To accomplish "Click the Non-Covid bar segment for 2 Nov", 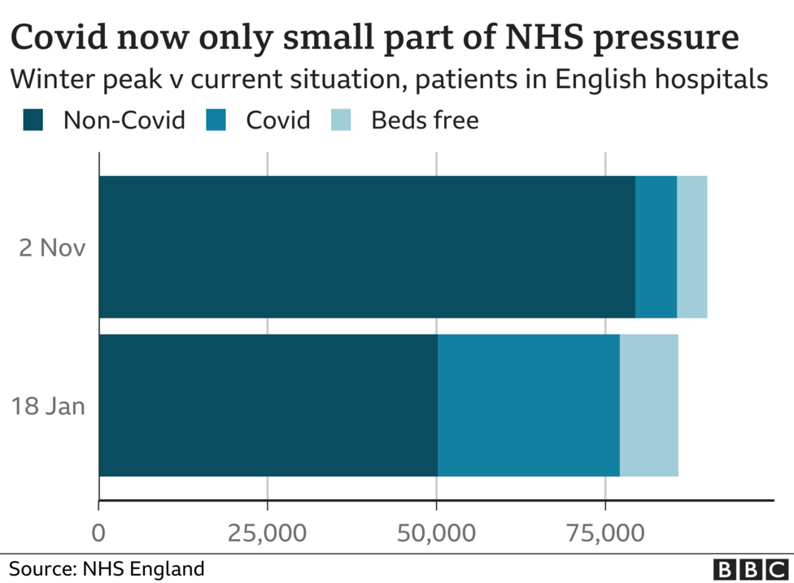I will point(366,247).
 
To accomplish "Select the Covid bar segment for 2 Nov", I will point(656,247).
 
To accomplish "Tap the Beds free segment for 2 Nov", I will point(691,247).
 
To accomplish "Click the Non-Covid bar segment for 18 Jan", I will point(268,405).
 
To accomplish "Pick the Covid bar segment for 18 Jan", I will point(529,405).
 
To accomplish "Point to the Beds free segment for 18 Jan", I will point(648,405).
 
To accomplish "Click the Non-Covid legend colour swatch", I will point(34,121).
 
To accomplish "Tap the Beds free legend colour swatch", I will point(342,121).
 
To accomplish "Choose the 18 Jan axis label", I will point(48,405).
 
